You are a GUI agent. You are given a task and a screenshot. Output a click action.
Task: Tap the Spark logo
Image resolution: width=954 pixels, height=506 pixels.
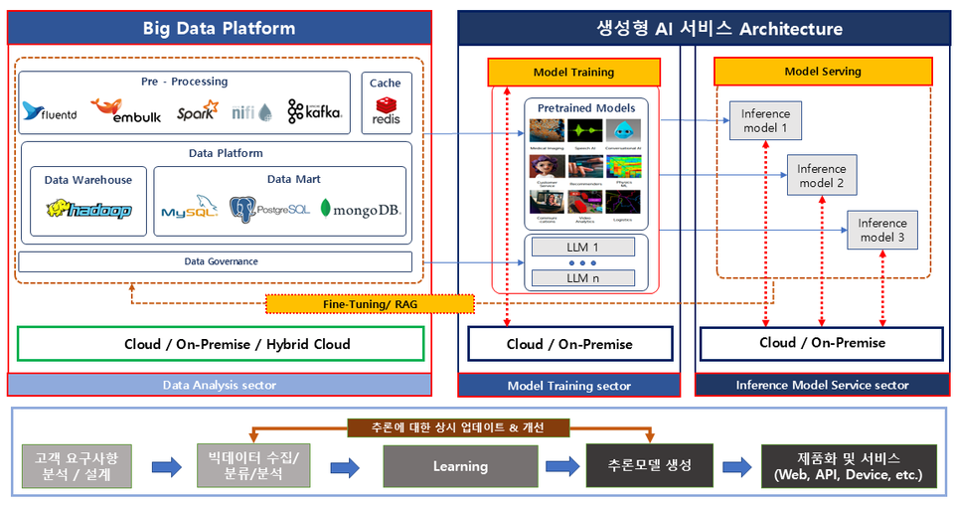197,110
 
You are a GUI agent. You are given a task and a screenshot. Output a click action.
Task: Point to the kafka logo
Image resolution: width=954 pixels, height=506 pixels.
315,111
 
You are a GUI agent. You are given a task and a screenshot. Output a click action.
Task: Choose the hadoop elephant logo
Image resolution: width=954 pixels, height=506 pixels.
88,209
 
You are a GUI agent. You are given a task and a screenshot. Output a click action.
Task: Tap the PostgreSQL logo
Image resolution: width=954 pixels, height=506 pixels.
269,209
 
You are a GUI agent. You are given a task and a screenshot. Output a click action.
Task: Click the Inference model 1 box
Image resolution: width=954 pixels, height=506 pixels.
765,120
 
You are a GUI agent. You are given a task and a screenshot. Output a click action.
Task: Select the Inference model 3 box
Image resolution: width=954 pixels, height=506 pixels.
882,230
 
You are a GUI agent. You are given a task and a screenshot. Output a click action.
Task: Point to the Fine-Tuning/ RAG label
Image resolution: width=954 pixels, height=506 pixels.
370,303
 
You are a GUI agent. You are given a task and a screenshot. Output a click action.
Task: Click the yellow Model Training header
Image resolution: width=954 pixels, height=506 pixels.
573,72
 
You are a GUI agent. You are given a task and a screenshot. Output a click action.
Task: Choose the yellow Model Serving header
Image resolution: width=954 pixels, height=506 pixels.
823,72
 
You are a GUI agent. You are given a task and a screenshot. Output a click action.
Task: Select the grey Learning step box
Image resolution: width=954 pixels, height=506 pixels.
460,466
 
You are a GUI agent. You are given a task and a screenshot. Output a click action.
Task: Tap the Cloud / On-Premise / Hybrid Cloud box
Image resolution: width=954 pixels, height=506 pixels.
222,344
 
